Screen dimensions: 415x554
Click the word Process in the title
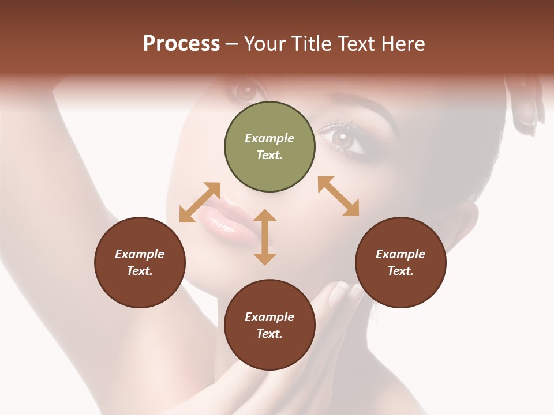click(x=181, y=44)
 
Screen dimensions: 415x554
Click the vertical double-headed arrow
click(x=265, y=237)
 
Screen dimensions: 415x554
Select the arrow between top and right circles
click(x=338, y=196)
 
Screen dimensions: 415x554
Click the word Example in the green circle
click(x=269, y=138)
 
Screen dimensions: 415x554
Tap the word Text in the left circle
click(x=140, y=271)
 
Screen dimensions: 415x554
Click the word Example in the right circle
click(x=400, y=254)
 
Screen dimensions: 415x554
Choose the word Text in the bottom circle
click(x=269, y=334)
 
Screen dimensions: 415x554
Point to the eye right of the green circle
click(x=345, y=139)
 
